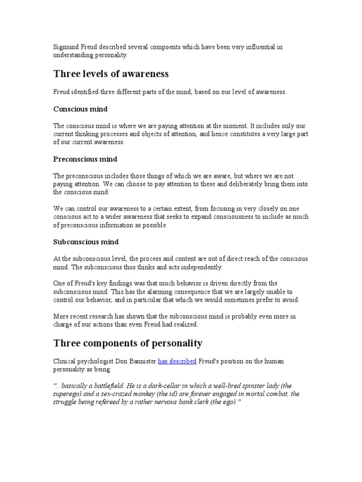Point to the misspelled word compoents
155,47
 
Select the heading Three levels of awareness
111,74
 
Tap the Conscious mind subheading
80,109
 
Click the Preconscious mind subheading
85,159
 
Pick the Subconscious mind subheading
85,242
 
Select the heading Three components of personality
128,343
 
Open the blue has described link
177,361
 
